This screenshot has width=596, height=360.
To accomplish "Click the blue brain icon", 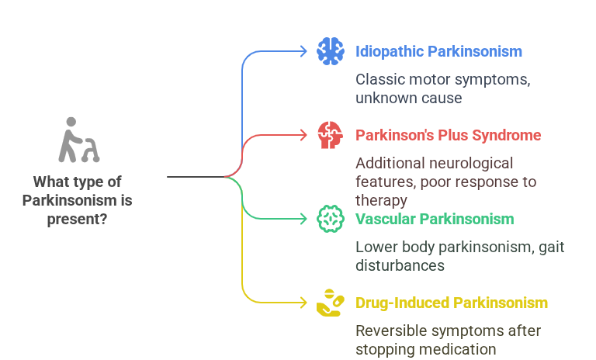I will click(x=331, y=51).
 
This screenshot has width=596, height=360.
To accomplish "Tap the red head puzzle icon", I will click(x=331, y=135).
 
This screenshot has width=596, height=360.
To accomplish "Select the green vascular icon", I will click(x=331, y=219).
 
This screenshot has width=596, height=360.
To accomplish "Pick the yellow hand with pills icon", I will click(x=331, y=303).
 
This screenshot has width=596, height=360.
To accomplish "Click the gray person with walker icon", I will click(x=79, y=140).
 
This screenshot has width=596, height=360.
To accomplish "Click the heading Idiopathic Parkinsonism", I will click(x=438, y=51).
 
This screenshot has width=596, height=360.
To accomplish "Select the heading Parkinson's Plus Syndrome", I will click(x=448, y=135).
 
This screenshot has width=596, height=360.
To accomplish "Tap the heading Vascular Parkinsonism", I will click(x=435, y=219).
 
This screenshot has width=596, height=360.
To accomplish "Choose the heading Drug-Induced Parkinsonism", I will click(x=452, y=303).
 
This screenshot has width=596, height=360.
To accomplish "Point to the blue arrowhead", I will click(x=303, y=51).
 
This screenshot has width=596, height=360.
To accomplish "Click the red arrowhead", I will click(x=303, y=135).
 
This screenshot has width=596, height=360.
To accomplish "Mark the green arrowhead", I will click(x=303, y=219).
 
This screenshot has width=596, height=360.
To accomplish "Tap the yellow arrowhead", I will click(x=303, y=303).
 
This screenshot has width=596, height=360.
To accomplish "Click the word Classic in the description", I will click(x=378, y=79).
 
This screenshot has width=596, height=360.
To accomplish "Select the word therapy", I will click(x=381, y=200).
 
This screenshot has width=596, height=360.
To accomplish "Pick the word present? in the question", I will click(x=78, y=219).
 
